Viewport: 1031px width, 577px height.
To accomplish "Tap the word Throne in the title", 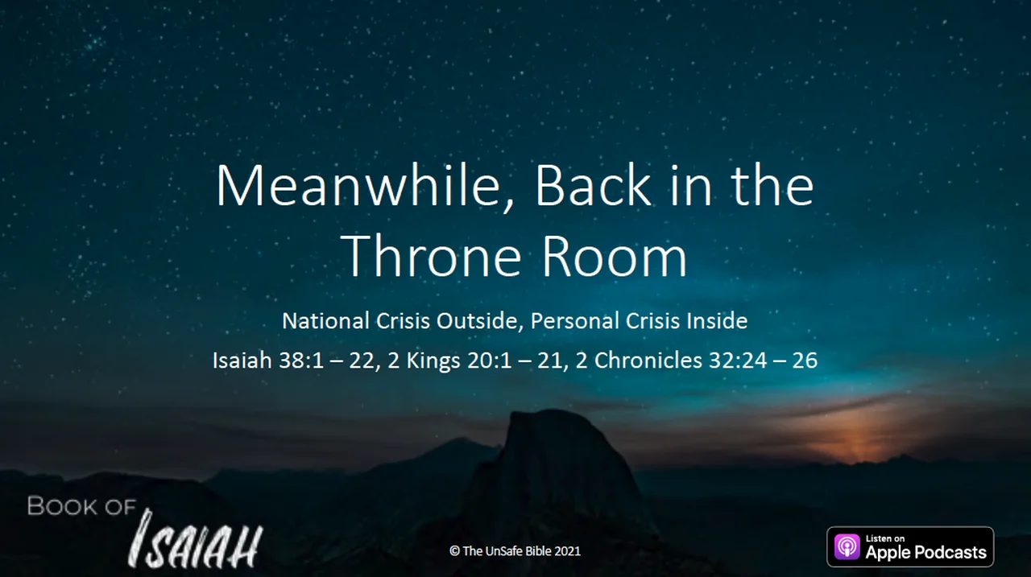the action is point(431,256).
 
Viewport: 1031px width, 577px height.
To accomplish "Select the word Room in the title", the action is point(615,256).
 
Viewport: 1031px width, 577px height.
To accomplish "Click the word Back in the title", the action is point(593,185).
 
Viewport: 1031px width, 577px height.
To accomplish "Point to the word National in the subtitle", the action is point(326,321).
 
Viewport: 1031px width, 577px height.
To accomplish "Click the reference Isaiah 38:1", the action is point(268,360).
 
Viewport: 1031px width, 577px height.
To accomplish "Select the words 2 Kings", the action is point(424,361).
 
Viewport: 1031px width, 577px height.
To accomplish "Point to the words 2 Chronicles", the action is point(639,360).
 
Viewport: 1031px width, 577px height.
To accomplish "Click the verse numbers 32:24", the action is point(738,360).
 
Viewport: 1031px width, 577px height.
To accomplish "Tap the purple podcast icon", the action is point(847,547).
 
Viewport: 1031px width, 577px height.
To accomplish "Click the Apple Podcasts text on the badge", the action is point(925,553).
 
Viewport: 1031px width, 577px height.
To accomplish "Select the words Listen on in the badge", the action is point(885,538).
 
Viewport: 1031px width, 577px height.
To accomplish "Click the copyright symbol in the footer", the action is point(455,550).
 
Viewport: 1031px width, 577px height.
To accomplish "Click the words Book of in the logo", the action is point(81,506).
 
